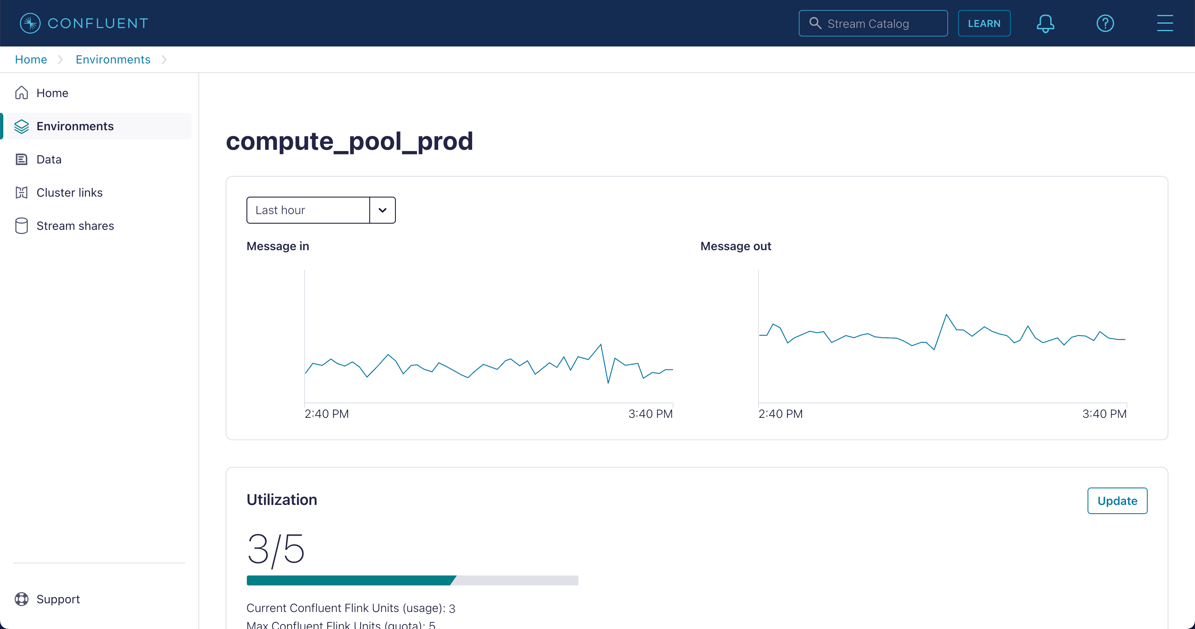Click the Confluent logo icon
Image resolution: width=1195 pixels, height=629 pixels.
tap(30, 23)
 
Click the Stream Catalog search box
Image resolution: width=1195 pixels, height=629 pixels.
tap(873, 23)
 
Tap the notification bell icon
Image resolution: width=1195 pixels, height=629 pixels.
tap(1045, 23)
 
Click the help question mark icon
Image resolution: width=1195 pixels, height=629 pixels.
tap(1105, 23)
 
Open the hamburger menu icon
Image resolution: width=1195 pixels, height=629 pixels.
tap(1164, 23)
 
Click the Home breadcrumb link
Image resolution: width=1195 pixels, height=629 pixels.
tap(31, 59)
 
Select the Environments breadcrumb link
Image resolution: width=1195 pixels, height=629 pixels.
tap(113, 59)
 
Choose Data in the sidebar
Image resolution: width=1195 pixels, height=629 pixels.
tap(49, 159)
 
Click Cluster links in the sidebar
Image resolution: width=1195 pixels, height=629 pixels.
tap(69, 193)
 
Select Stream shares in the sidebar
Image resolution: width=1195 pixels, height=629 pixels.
tap(75, 226)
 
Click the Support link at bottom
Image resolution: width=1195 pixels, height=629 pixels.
tap(58, 599)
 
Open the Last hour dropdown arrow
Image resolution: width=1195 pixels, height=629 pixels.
tap(382, 210)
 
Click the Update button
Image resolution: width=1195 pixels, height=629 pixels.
tap(1117, 500)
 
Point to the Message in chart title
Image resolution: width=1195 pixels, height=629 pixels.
tap(278, 246)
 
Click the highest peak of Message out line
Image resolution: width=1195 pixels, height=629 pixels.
tap(946, 315)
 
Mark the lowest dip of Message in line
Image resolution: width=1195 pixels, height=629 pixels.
tap(608, 383)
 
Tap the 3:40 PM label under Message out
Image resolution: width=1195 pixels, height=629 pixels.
tap(1104, 414)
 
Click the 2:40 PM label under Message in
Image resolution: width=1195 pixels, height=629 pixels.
tap(327, 414)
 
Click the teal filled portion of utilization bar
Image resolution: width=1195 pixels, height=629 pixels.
tap(350, 580)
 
